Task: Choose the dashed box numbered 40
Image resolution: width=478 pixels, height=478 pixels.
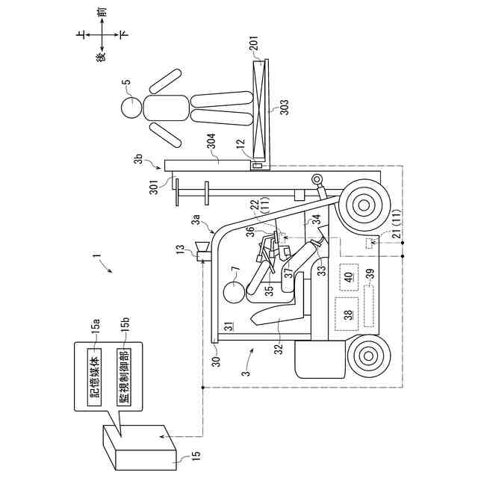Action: coord(348,277)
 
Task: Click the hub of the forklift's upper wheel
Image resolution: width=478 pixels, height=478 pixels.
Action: coord(364,203)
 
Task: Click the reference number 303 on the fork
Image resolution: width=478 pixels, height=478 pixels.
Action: coord(284,109)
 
